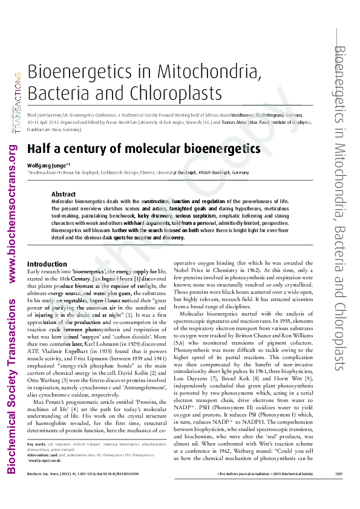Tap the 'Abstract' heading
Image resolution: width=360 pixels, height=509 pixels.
coord(63,194)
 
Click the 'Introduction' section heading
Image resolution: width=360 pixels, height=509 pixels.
coord(47,264)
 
